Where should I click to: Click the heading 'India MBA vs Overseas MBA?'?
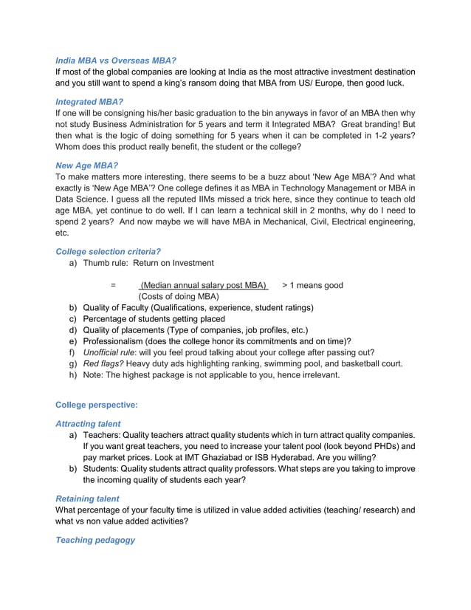(116, 59)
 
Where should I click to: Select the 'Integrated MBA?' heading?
(89, 101)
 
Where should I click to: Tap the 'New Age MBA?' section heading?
(86, 166)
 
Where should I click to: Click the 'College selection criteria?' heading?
(108, 250)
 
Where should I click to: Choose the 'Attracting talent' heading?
(88, 423)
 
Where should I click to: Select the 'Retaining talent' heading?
(87, 498)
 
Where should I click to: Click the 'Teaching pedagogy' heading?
(95, 540)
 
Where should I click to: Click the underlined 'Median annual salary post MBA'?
(204, 285)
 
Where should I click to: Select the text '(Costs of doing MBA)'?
(179, 296)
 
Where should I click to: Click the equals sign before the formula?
(113, 285)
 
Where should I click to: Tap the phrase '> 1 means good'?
(312, 285)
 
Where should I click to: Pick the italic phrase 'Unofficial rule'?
(110, 352)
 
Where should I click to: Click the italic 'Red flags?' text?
(103, 363)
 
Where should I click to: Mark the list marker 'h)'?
(73, 375)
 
